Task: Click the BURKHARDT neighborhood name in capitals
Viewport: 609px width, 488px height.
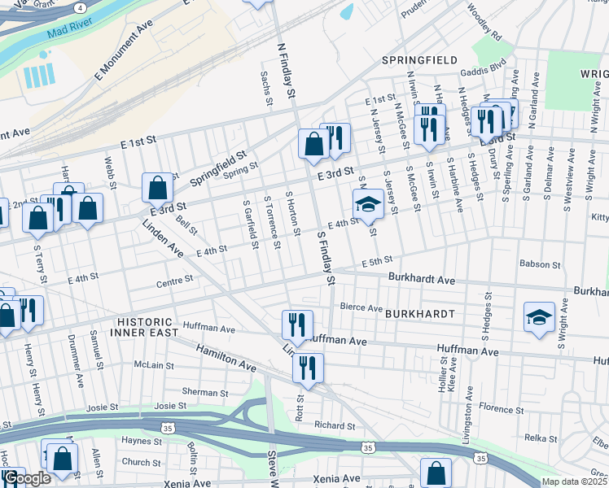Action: pos(418,313)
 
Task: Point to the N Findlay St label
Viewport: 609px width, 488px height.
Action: pos(286,72)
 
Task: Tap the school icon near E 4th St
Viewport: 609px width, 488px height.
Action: pos(368,205)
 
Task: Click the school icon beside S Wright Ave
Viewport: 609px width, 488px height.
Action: pos(539,316)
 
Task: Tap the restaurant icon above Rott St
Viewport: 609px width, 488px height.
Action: pos(309,367)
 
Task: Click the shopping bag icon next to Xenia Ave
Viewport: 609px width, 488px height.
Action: pos(436,473)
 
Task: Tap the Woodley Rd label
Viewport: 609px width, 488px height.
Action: pos(484,23)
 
